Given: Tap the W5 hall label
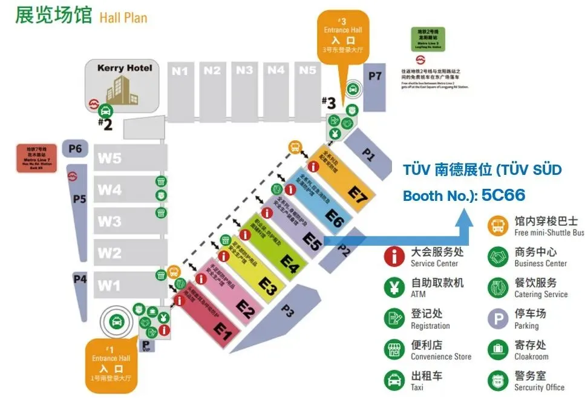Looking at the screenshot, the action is (110, 158).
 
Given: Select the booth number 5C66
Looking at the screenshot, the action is (503, 195).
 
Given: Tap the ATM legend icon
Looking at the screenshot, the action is (394, 287).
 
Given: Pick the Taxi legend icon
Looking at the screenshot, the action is (394, 380).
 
